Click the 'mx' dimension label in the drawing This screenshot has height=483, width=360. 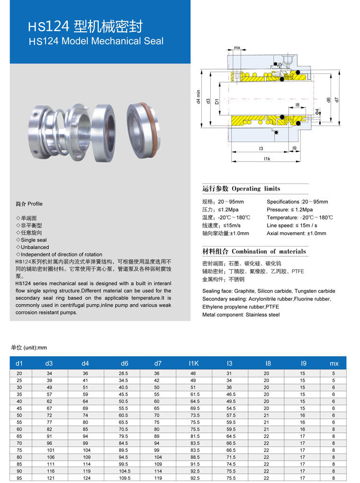click(237, 48)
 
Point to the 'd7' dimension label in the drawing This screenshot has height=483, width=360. click(336, 100)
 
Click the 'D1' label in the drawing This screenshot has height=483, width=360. click(217, 101)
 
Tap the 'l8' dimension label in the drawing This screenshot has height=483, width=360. click(297, 105)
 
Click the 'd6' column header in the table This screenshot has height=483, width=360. click(124, 364)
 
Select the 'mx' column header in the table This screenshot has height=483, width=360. click(334, 364)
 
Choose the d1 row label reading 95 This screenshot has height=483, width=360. click(19, 478)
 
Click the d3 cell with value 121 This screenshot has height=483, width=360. click(49, 478)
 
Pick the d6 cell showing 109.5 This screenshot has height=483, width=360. click(124, 478)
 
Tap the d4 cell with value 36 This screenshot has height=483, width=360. click(85, 374)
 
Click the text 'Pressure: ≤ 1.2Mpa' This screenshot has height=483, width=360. click(289, 210)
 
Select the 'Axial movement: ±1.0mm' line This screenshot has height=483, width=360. click(296, 233)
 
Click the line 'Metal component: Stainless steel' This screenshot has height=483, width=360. click(241, 315)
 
